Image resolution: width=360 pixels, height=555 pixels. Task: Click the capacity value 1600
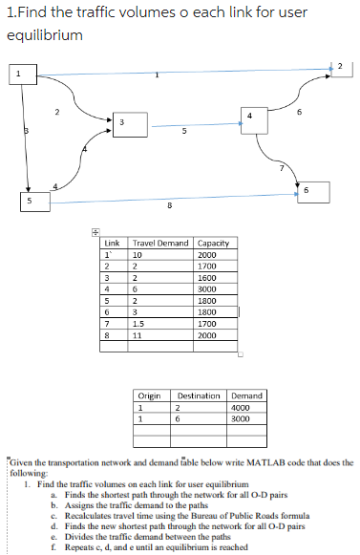pos(207,277)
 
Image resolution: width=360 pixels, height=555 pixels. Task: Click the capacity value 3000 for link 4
pos(207,288)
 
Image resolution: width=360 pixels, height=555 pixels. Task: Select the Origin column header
pos(150,395)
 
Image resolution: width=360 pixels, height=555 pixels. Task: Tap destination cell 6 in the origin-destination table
pos(180,418)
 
